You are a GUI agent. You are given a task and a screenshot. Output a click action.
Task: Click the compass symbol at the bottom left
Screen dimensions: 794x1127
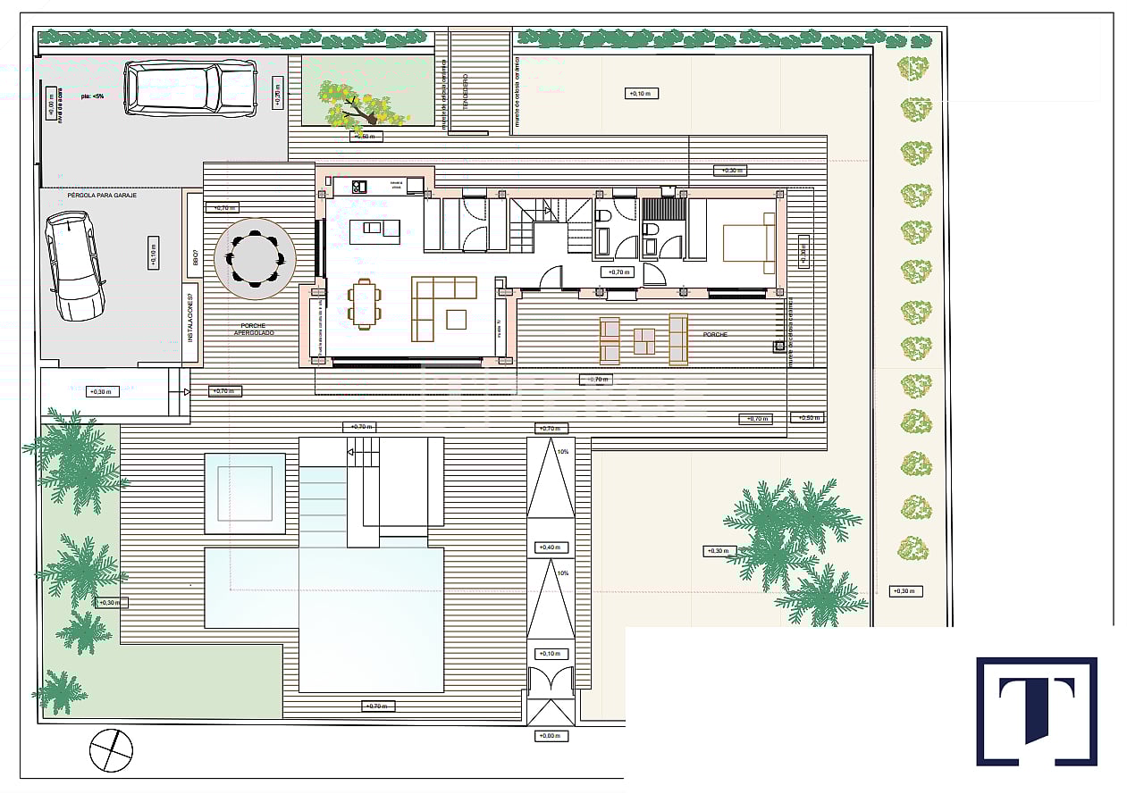point(111,749)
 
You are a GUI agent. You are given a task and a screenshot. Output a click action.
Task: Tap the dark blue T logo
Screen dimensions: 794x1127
point(1036,711)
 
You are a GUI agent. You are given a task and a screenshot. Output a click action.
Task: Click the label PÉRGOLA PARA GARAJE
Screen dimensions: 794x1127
point(102,195)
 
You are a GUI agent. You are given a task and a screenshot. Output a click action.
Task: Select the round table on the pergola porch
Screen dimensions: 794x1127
point(256,258)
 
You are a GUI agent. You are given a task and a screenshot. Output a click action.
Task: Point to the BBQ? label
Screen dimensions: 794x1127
point(194,258)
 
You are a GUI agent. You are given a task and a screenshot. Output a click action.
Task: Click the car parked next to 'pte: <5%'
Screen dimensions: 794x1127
point(190,88)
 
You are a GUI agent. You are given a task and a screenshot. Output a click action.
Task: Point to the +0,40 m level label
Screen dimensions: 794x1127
point(549,547)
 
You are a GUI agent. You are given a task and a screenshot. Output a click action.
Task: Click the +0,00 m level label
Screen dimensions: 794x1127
point(549,736)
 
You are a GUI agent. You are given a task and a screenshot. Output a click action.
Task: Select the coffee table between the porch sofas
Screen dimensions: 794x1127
point(643,341)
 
